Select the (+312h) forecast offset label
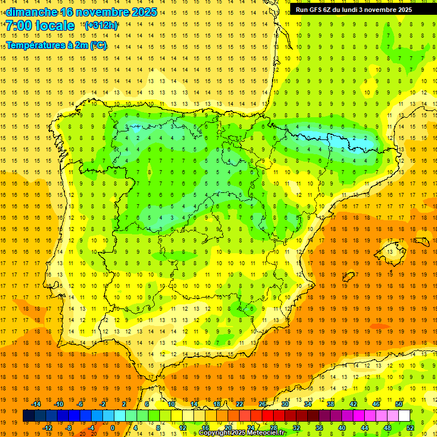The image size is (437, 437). [x=101, y=26]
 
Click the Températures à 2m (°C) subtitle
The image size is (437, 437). [x=56, y=46]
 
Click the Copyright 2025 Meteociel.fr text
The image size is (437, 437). [x=242, y=433]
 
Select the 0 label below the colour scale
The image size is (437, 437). [x=112, y=427]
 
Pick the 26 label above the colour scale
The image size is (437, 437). [x=262, y=404]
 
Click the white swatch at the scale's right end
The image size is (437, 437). [x=404, y=416]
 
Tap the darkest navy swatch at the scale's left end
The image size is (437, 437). [x=28, y=416]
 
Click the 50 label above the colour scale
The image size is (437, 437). [x=399, y=404]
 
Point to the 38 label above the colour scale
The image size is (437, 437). [x=331, y=404]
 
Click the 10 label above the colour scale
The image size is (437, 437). [x=171, y=404]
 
